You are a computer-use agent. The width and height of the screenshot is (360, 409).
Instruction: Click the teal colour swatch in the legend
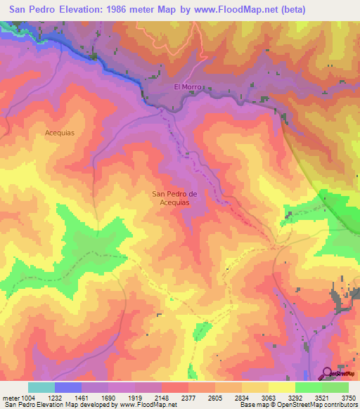point(41,387)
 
